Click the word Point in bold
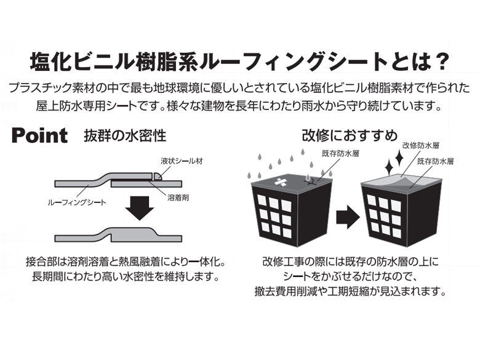(x=39, y=135)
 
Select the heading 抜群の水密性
(x=125, y=135)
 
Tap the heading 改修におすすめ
(x=350, y=135)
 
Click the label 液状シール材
(x=182, y=161)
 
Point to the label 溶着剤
(x=178, y=198)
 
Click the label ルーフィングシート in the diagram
(x=77, y=202)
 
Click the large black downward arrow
(x=140, y=208)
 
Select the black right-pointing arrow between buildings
(x=348, y=217)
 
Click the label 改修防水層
(x=421, y=146)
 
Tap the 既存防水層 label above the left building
(x=340, y=154)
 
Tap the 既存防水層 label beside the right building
(x=435, y=161)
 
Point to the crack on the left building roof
(x=310, y=182)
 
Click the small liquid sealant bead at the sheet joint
(x=158, y=177)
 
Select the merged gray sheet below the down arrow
(x=119, y=235)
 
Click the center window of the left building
(x=274, y=217)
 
